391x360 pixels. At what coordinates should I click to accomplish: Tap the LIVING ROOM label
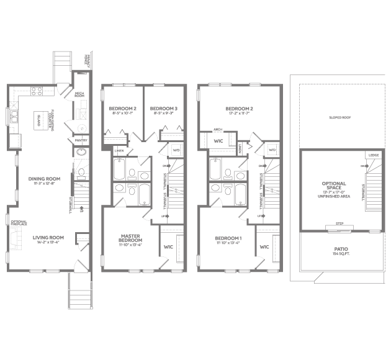pyautogui.click(x=48, y=237)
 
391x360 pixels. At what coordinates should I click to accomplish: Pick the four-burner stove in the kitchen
pyautogui.click(x=37, y=91)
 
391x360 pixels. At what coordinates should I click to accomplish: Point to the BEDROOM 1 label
pyautogui.click(x=228, y=238)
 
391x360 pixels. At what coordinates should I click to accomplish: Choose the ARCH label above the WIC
pyautogui.click(x=218, y=130)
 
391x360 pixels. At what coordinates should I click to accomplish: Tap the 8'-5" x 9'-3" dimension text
pyautogui.click(x=164, y=113)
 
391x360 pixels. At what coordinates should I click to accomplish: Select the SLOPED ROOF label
pyautogui.click(x=341, y=116)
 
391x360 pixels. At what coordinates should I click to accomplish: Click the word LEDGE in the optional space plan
pyautogui.click(x=374, y=155)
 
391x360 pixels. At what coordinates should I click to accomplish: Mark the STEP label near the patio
pyautogui.click(x=339, y=223)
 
